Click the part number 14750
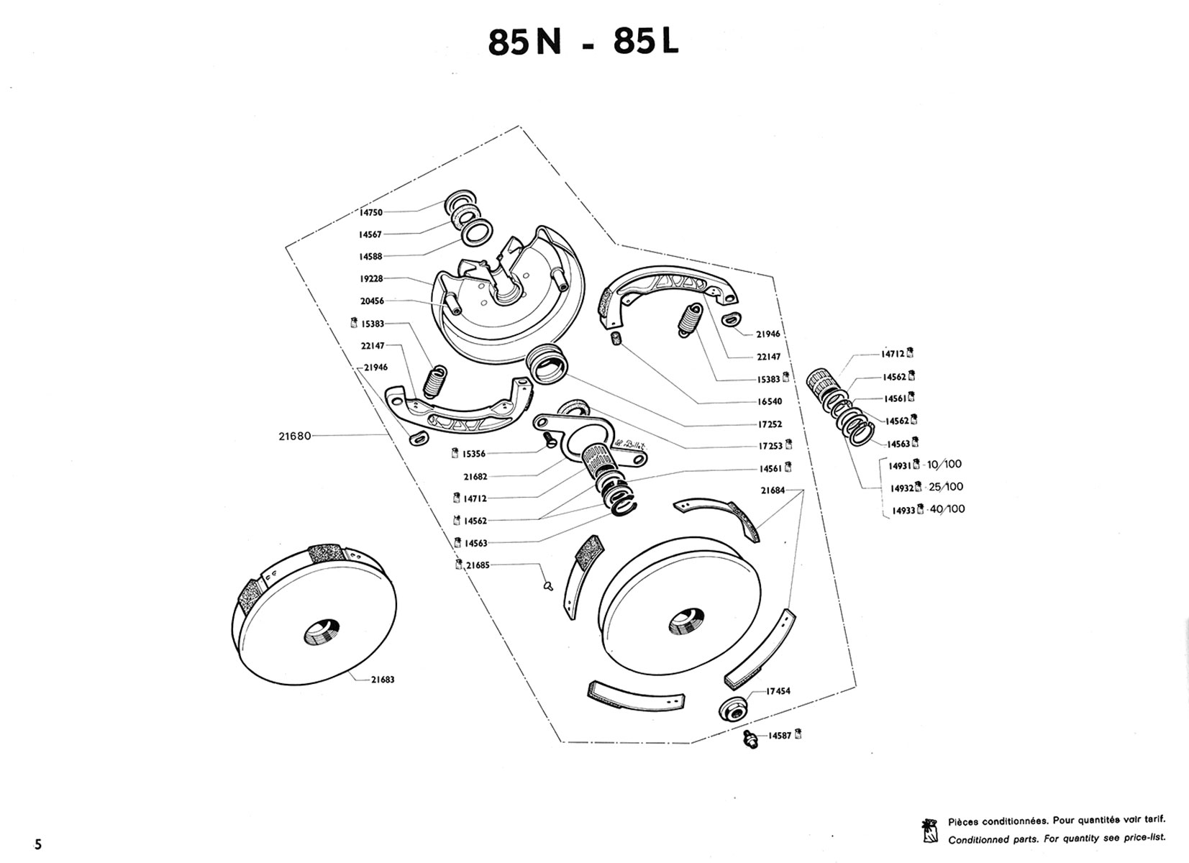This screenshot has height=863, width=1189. (371, 213)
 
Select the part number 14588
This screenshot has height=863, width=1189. (371, 257)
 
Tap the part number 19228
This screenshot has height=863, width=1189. (371, 279)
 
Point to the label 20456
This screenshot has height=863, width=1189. (372, 301)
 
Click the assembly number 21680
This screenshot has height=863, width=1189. (295, 436)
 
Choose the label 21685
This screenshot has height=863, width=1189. (478, 565)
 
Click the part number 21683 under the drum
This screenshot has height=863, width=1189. (383, 680)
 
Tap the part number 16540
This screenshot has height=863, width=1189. (769, 401)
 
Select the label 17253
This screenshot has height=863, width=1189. (769, 446)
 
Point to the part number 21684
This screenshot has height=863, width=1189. (773, 491)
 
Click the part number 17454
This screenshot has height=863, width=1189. (778, 691)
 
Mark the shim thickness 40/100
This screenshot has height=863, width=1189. (947, 509)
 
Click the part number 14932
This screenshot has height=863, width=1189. (901, 488)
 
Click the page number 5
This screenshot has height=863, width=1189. (37, 844)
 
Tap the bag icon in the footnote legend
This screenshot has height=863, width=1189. (930, 830)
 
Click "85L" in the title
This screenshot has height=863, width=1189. (645, 42)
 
